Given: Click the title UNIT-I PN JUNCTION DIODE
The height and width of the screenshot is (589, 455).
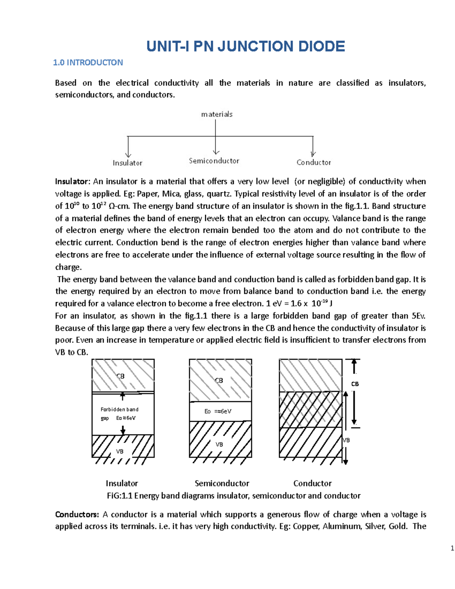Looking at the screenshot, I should pos(246,46).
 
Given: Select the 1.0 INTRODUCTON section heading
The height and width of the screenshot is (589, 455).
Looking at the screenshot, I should pos(88,63).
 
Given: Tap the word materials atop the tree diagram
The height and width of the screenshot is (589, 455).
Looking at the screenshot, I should pos(217,114).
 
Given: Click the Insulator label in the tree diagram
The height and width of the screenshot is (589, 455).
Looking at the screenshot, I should pos(127,163).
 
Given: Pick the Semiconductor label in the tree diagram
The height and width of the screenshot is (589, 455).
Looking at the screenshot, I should pos(214,161).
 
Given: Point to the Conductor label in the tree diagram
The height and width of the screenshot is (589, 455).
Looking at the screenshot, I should pos(314,162).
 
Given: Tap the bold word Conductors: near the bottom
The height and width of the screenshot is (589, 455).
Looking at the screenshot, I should pos(77,514).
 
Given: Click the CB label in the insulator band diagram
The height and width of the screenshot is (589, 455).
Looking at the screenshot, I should pos(120,376).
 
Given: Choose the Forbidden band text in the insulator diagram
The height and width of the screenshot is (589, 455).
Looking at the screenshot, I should pos(119,409).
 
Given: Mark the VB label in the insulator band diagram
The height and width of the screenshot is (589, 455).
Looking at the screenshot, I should pos(119,451).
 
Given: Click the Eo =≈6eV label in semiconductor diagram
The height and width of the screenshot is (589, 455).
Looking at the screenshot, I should pos(218,412).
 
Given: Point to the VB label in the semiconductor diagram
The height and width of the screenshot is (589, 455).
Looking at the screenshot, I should pos(219,444).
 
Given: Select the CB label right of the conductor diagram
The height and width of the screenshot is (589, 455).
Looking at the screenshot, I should pos(355,384).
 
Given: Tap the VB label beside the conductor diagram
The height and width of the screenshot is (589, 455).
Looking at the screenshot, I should pos(346,440).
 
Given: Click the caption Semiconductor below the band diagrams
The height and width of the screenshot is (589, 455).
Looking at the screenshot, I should pos(222,483).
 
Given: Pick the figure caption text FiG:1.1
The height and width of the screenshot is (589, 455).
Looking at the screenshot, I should pos(120,496).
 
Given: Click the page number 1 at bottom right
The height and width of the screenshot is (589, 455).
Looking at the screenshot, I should pos(452,548).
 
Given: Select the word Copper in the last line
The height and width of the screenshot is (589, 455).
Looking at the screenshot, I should pos(305,526).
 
